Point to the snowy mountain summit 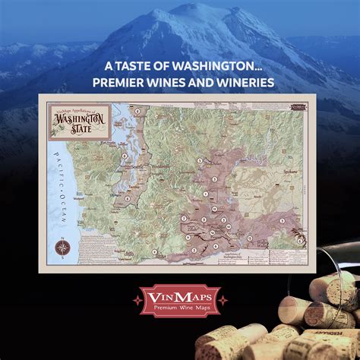[x=188, y=9]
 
